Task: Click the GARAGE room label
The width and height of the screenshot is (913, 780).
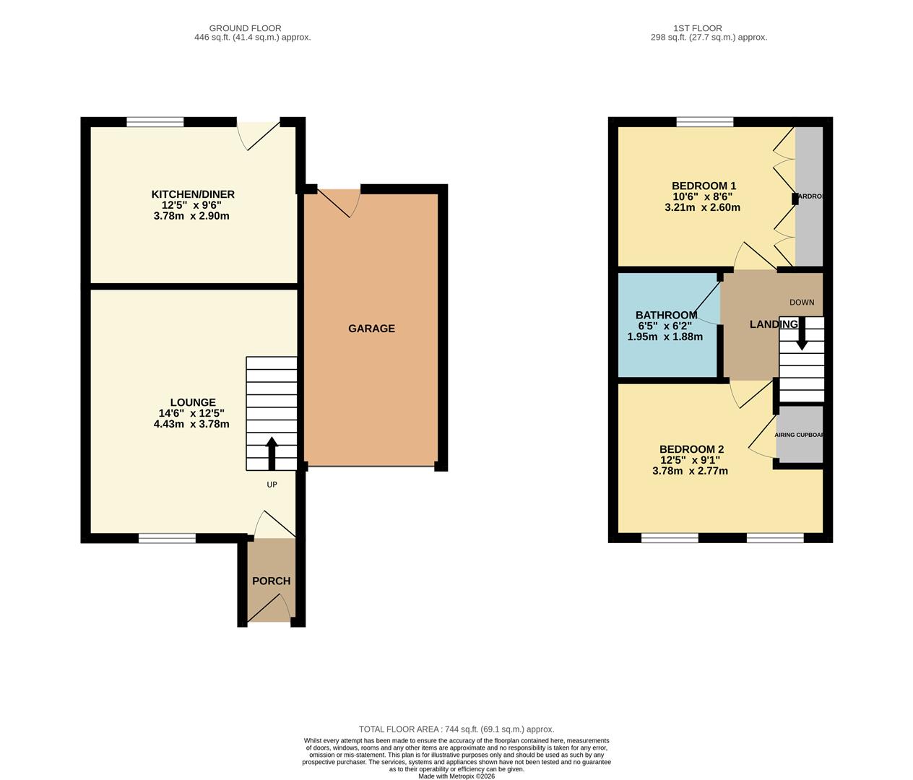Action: click(x=371, y=329)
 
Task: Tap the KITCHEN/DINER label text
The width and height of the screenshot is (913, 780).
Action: click(x=192, y=194)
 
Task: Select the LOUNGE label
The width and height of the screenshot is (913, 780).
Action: click(x=192, y=402)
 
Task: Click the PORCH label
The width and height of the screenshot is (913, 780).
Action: click(x=271, y=581)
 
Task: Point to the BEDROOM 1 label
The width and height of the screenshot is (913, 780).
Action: click(x=704, y=186)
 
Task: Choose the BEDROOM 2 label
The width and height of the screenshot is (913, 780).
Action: click(x=691, y=448)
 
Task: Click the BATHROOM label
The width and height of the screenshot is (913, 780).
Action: click(x=666, y=315)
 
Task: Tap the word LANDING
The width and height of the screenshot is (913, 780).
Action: click(x=773, y=324)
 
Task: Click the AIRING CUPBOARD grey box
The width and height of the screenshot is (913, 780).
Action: click(x=800, y=434)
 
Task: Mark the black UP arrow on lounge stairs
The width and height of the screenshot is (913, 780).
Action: click(x=272, y=454)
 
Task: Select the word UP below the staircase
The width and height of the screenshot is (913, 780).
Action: click(x=272, y=485)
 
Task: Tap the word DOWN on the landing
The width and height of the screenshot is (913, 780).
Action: click(x=801, y=303)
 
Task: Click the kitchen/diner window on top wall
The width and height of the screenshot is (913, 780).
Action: click(x=155, y=121)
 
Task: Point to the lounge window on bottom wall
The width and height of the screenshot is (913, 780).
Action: click(x=167, y=537)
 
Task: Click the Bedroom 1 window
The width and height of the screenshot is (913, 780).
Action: click(x=704, y=121)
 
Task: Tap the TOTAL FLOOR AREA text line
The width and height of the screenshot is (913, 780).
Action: click(x=456, y=729)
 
